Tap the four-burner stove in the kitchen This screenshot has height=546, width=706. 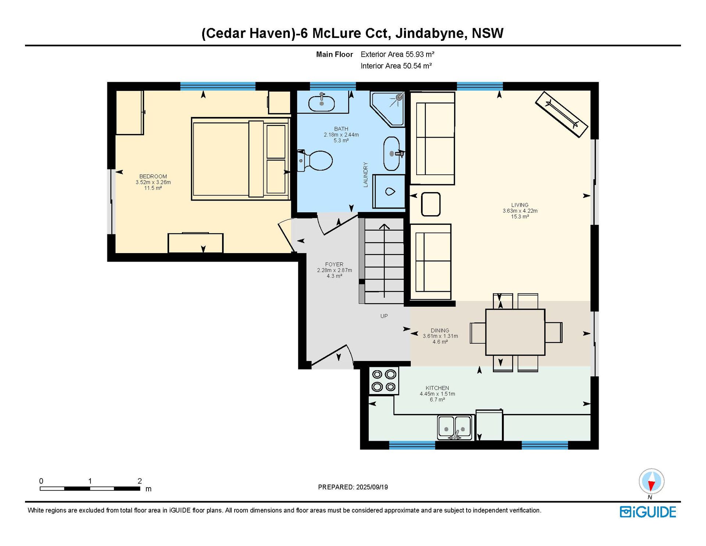click(x=384, y=381)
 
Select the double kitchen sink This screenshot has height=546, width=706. click(x=454, y=428)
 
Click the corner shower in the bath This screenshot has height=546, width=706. click(x=388, y=109)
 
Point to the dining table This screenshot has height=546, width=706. click(x=515, y=332)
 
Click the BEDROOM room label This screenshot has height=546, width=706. click(x=153, y=176)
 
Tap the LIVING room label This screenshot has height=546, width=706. click(x=520, y=205)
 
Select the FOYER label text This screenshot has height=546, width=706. click(x=334, y=264)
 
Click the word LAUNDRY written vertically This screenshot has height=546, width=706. click(x=366, y=175)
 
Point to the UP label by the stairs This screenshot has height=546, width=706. click(x=384, y=316)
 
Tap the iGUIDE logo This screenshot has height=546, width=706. click(x=648, y=512)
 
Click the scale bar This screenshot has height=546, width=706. click(x=90, y=489)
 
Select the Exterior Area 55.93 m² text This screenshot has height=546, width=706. click(x=397, y=54)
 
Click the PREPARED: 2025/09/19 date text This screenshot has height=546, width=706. click(x=353, y=487)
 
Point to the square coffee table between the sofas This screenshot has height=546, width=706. click(x=431, y=204)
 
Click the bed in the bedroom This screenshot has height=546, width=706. click(x=240, y=159)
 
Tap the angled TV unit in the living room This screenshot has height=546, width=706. click(x=561, y=114)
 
